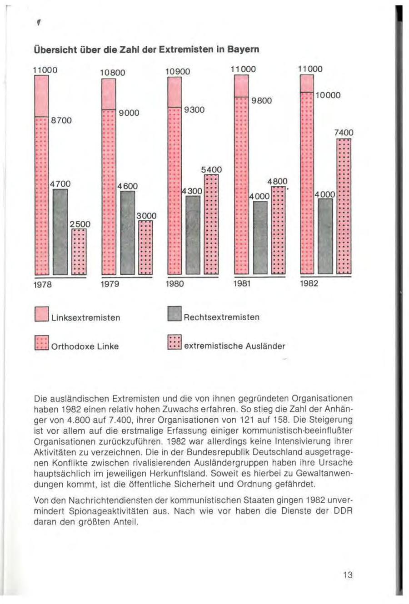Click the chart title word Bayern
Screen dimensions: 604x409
click(244, 49)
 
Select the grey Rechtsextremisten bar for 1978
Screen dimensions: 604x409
click(60, 232)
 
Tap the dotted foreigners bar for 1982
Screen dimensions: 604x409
click(344, 207)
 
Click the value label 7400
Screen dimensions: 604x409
click(344, 133)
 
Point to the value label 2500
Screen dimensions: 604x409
click(80, 224)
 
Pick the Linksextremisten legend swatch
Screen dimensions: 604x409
click(42, 314)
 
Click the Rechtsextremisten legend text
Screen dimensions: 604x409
click(221, 317)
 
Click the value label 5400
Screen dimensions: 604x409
click(211, 170)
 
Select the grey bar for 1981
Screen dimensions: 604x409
click(260, 237)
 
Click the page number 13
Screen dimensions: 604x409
click(348, 575)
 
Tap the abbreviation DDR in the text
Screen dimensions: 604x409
click(344, 510)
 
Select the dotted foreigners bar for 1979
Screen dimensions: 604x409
click(145, 248)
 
